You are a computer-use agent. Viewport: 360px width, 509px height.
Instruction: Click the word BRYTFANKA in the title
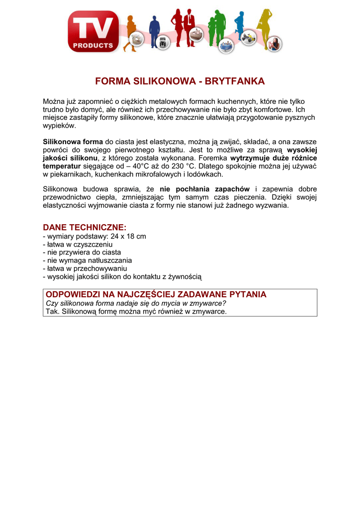pos(233,81)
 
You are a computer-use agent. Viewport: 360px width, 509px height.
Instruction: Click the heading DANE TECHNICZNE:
pos(85,227)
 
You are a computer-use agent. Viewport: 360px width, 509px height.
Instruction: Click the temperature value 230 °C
pos(184,166)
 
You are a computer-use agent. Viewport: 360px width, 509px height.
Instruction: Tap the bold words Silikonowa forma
pos(73,142)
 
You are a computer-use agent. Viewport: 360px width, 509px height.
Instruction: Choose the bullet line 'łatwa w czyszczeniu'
pos(80,244)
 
